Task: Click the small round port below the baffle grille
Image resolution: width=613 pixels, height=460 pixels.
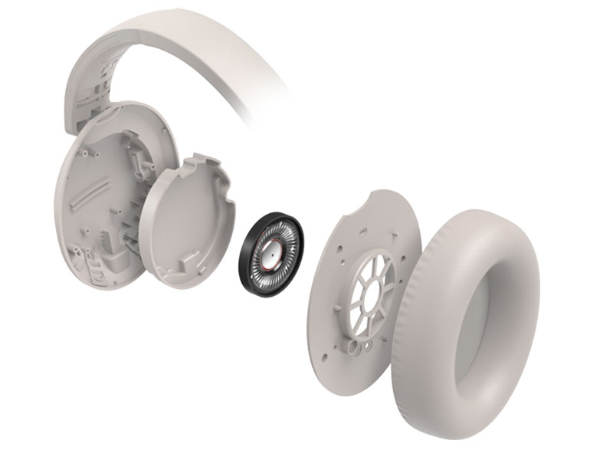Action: [355, 346]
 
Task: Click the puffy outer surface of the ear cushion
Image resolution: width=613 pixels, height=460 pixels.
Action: [429, 360]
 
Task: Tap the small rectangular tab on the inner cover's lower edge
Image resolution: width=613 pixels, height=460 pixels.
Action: [183, 269]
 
